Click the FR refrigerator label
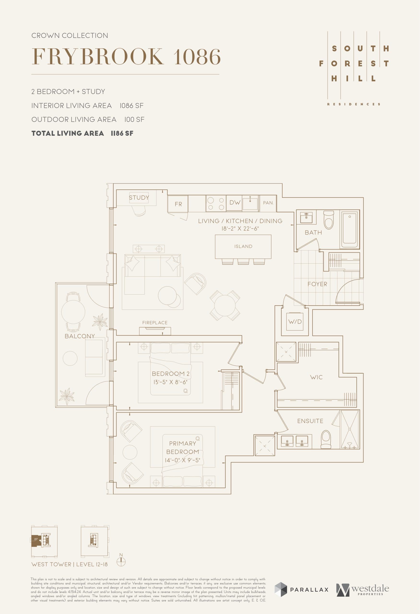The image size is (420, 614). tap(178, 204)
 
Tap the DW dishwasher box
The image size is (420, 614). tap(235, 203)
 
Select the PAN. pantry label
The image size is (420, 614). tap(268, 203)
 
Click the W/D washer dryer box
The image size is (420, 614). tap(295, 322)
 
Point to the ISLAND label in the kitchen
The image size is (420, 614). tap(243, 246)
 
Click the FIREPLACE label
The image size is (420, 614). tap(155, 323)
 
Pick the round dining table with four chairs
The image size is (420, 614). tap(225, 306)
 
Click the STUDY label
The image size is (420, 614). tap(139, 198)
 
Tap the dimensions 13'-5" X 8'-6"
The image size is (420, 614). tap(170, 382)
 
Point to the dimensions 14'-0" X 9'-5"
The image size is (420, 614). tap(183, 460)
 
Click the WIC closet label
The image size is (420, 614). tap(316, 377)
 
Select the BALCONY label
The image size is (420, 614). tap(79, 336)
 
